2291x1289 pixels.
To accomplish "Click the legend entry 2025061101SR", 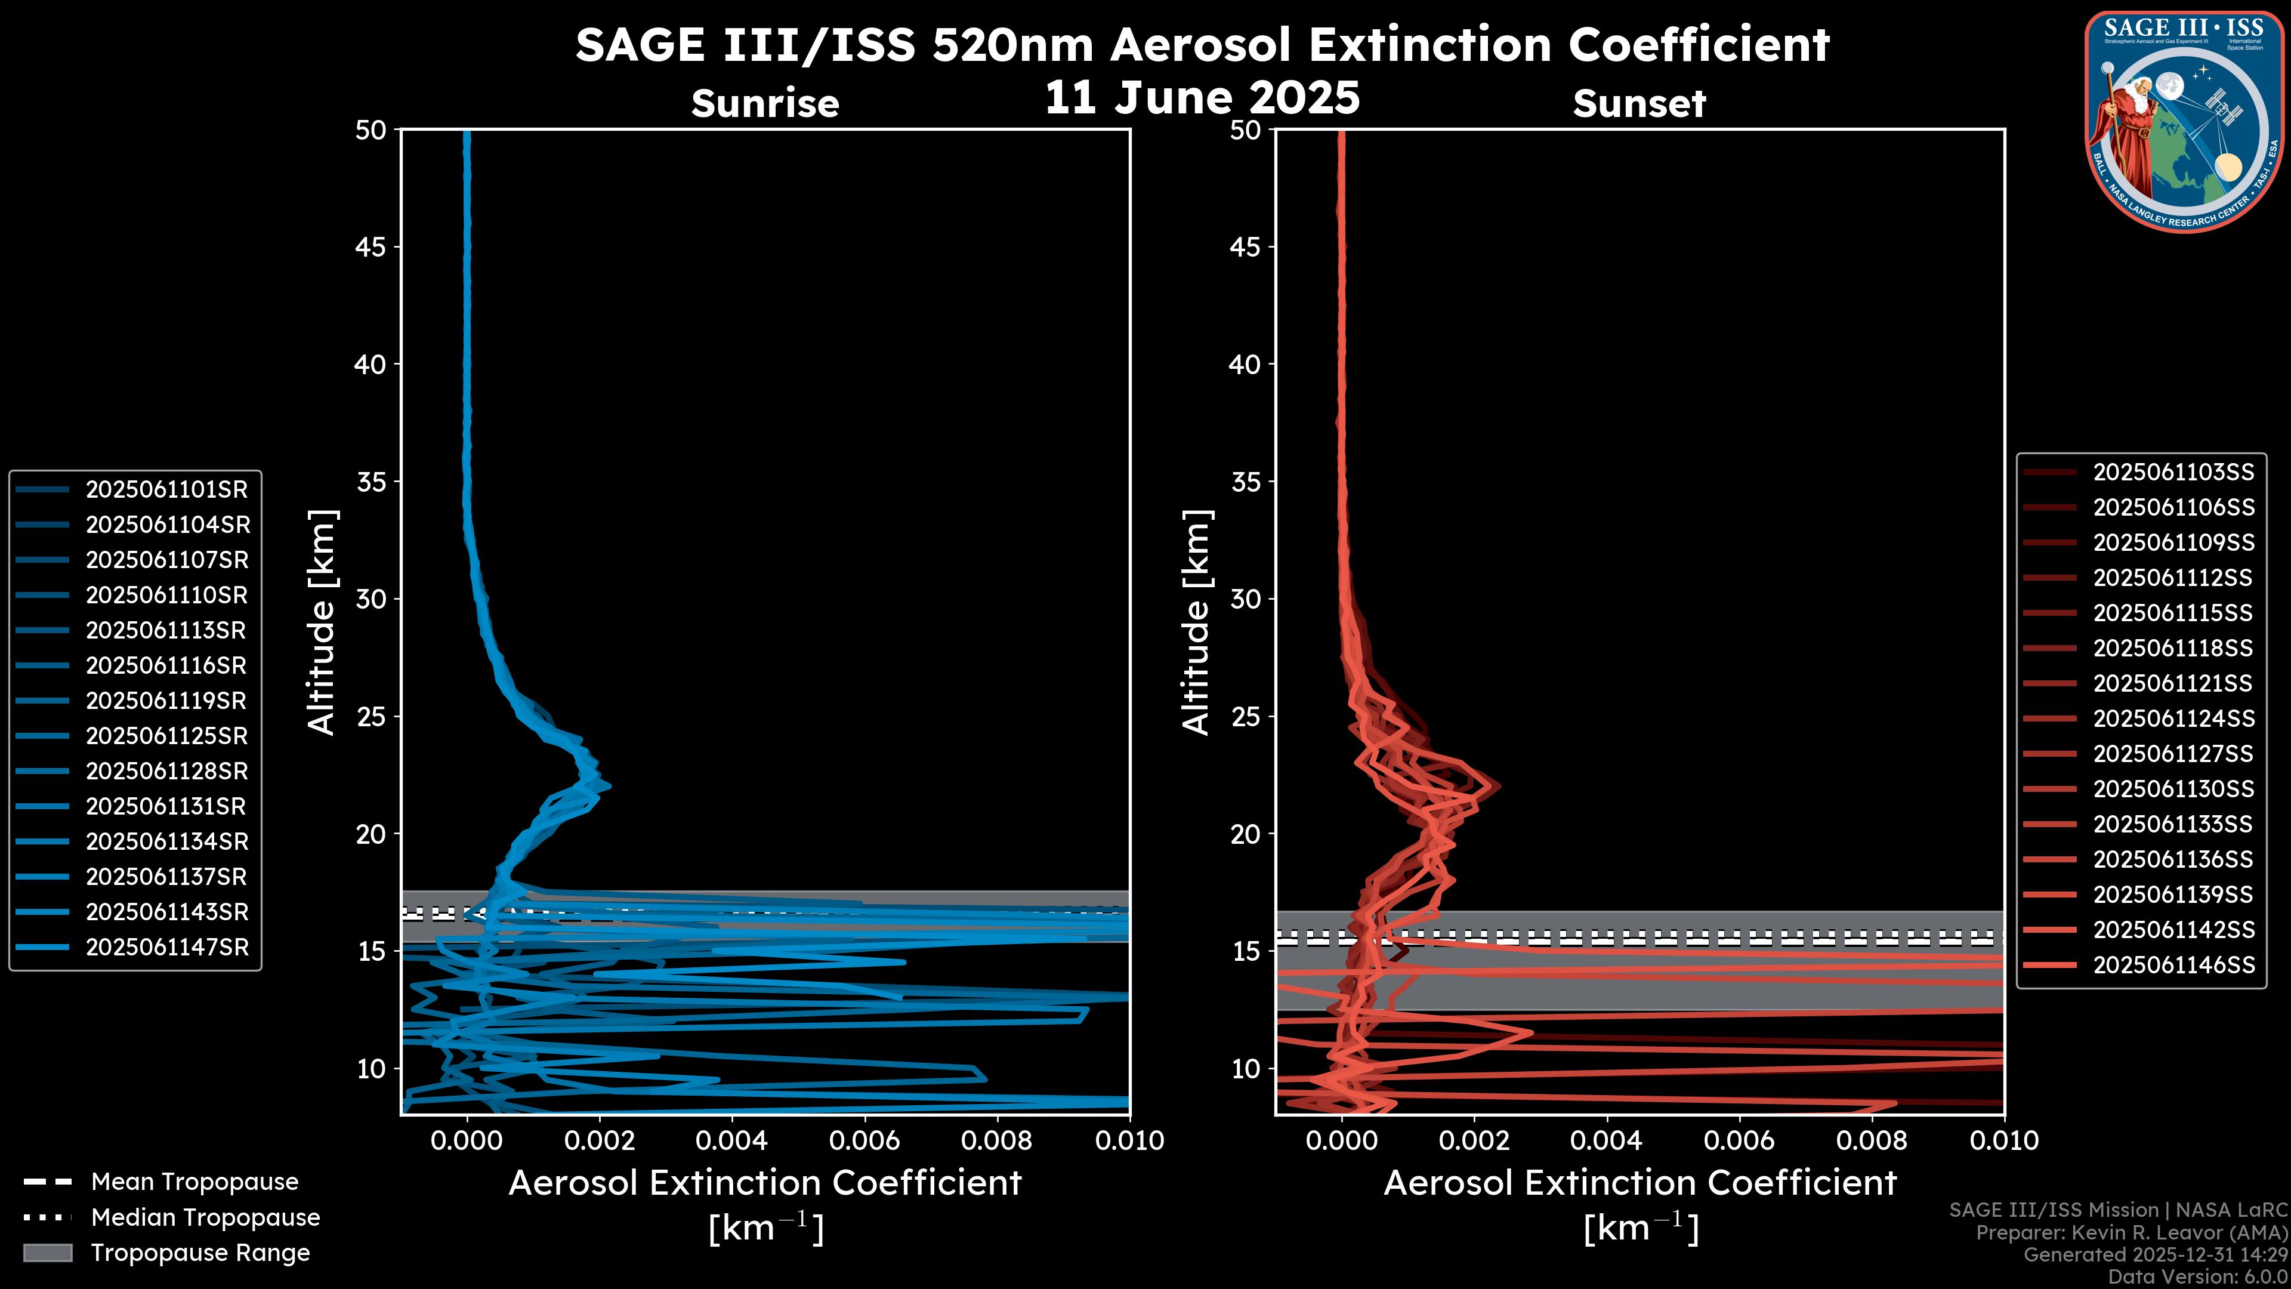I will pos(166,489).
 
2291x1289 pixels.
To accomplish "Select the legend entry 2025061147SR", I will pos(167,948).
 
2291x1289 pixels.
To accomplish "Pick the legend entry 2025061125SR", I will pos(166,736).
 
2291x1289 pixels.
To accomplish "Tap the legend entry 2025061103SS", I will pos(2173,473).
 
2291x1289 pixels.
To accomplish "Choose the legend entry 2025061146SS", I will pos(2173,965).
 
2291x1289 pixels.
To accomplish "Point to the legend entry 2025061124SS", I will pos(2173,718).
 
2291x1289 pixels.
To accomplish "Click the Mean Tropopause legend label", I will pos(194,1182).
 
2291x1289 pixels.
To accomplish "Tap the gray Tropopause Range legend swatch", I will pos(48,1253).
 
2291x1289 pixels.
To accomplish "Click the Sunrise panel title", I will pos(765,104).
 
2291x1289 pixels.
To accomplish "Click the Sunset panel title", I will pos(1639,104).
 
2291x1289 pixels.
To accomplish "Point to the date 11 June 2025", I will pos(1202,98).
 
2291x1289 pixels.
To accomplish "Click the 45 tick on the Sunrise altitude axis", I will pos(371,246).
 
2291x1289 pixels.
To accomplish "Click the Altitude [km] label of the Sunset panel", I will pos(1196,622).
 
